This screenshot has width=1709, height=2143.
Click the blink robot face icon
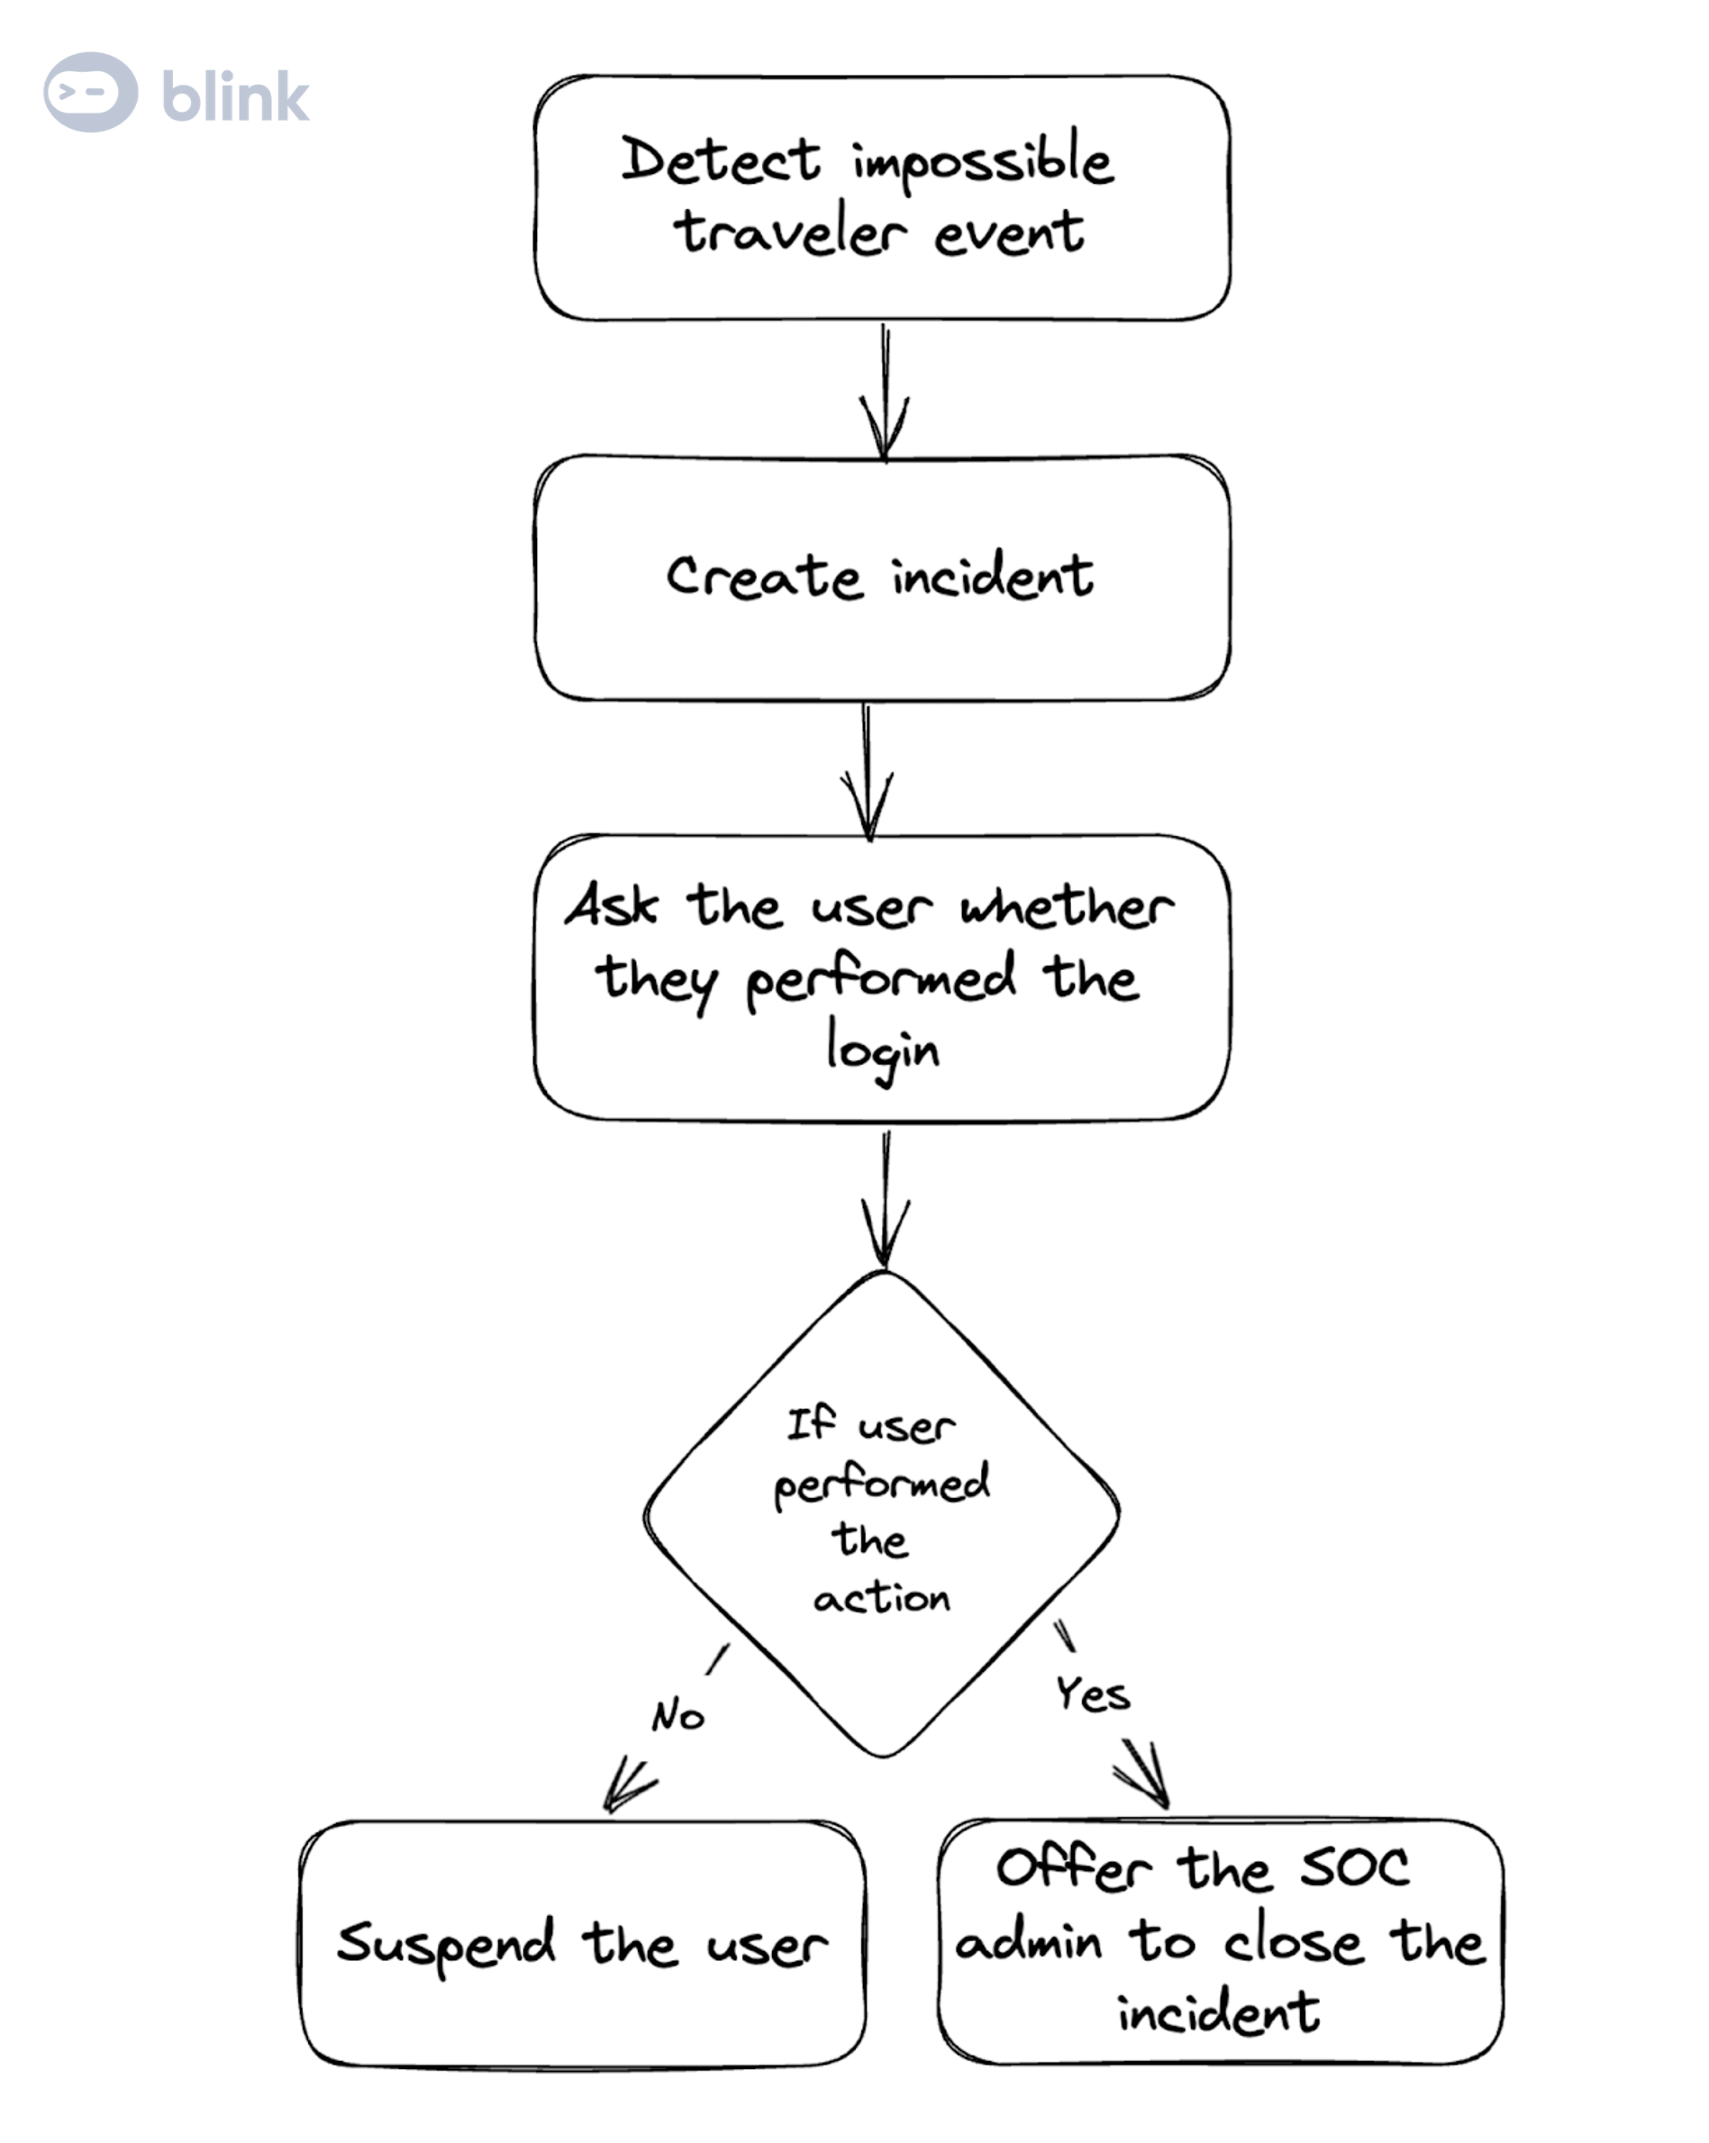[90, 93]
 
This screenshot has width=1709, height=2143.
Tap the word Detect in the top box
[721, 161]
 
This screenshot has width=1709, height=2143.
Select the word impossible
[982, 161]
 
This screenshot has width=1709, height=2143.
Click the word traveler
[790, 233]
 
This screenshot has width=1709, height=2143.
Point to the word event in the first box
[1008, 234]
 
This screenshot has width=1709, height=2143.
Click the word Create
[764, 577]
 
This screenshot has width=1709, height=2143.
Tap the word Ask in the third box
[612, 905]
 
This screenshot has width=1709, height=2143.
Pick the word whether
[1067, 906]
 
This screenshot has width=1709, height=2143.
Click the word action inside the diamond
[881, 1598]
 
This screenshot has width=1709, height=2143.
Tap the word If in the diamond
[810, 1423]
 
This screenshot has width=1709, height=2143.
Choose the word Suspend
[446, 1945]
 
